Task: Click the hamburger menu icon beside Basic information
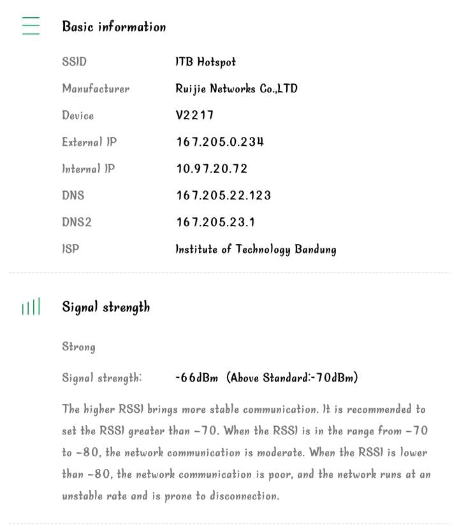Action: tap(31, 25)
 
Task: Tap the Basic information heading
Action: tap(113, 27)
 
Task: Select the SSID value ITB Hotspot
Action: tap(205, 62)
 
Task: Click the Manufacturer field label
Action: tap(96, 89)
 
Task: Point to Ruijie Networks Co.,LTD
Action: tap(237, 89)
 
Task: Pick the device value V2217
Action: tap(194, 115)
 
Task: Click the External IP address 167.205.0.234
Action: tap(220, 142)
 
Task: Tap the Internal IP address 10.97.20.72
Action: tap(212, 169)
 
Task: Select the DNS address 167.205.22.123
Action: tap(224, 196)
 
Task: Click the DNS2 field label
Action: tap(76, 222)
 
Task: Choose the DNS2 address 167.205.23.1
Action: tap(215, 222)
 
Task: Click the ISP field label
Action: tap(71, 249)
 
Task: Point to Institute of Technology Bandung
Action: tap(256, 249)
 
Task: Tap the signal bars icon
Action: tap(31, 307)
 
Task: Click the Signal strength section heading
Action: tap(106, 307)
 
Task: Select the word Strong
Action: tap(78, 347)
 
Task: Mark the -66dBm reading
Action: tap(197, 378)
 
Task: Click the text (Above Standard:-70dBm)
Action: tap(292, 378)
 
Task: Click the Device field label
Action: tap(78, 115)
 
